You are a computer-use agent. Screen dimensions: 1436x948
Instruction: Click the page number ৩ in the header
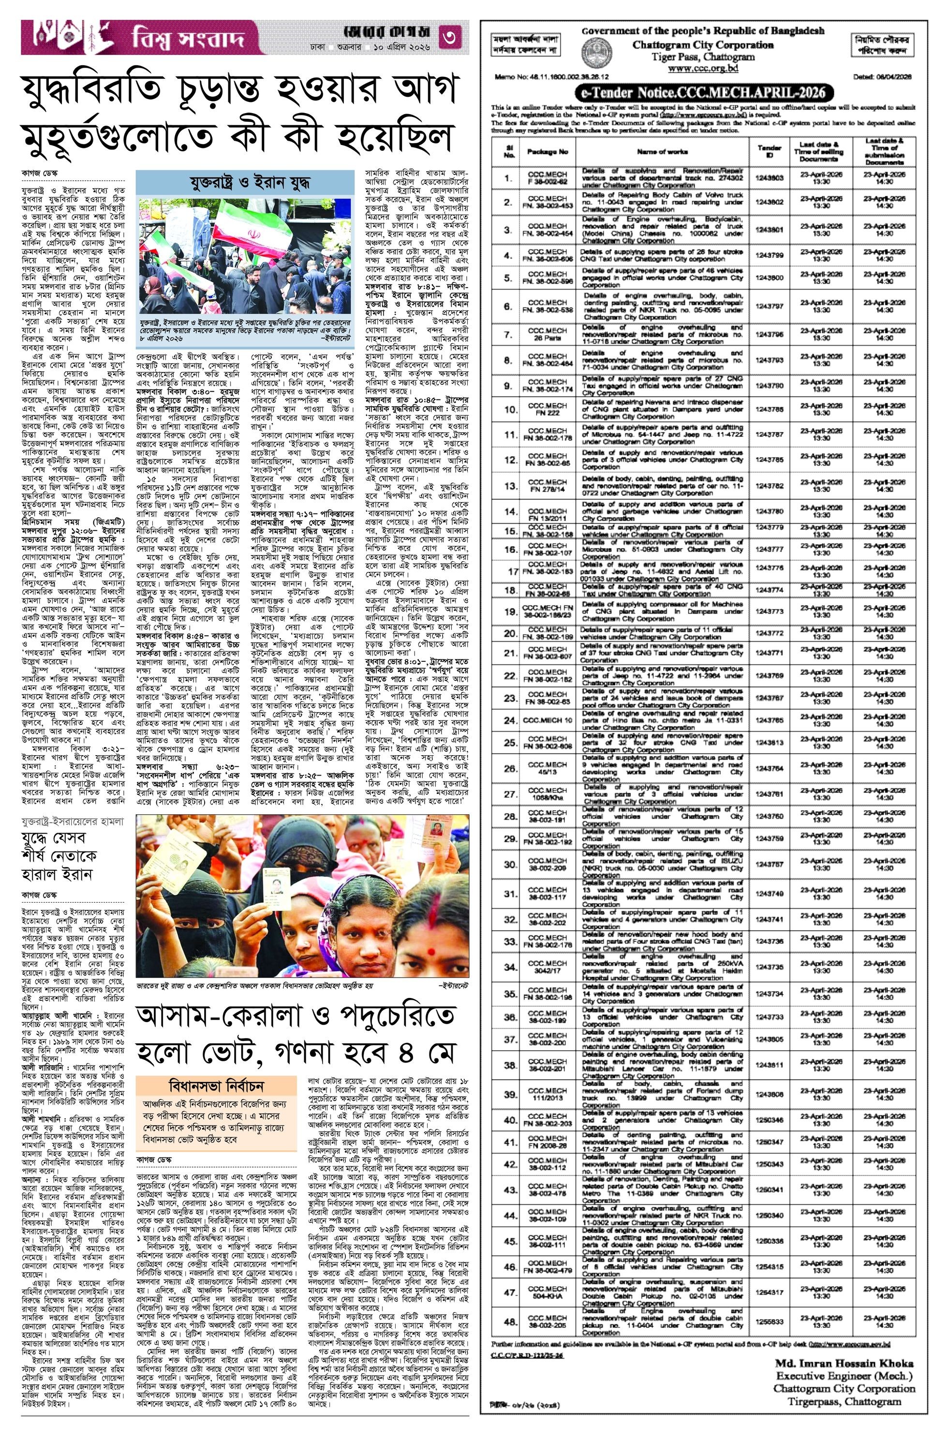click(454, 38)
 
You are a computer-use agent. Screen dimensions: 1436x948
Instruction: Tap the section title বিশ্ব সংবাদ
click(188, 39)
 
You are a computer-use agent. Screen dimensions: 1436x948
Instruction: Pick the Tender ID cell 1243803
click(769, 178)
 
